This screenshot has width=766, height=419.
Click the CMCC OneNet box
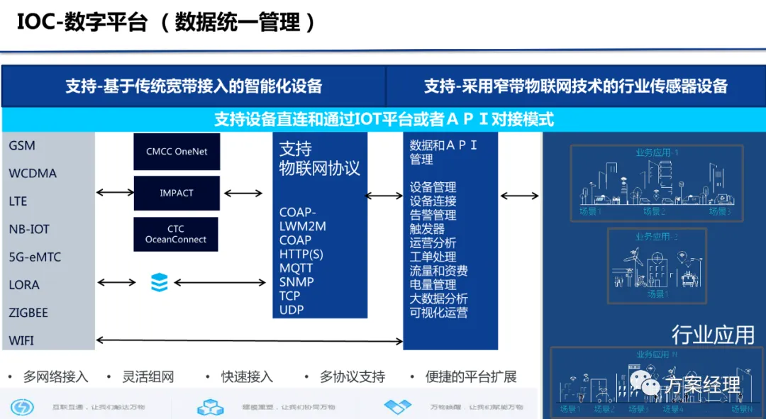click(177, 151)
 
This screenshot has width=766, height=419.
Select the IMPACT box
click(177, 193)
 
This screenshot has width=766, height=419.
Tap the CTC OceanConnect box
click(176, 234)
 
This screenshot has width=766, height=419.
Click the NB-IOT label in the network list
click(29, 229)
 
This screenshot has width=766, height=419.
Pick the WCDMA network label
click(33, 174)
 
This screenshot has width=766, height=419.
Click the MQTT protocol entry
click(296, 268)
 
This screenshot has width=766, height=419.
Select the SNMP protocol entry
click(296, 282)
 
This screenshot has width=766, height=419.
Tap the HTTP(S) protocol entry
click(301, 254)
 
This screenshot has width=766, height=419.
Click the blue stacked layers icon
click(160, 283)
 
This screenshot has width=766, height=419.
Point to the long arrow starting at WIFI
click(248, 341)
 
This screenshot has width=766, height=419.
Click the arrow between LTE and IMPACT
click(115, 192)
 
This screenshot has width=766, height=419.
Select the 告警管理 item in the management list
click(433, 216)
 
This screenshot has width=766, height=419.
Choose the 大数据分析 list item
click(438, 298)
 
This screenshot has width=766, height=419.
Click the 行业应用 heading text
click(713, 335)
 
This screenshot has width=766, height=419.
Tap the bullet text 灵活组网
click(148, 377)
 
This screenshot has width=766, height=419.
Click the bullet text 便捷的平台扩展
click(471, 377)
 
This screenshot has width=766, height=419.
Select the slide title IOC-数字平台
click(82, 22)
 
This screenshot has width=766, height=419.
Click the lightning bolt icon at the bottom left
click(22, 407)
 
